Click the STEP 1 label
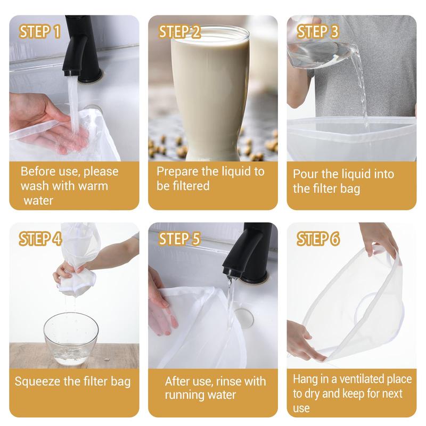(x=40, y=31)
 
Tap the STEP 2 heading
(x=180, y=31)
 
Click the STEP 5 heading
(x=180, y=239)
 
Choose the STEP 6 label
(x=318, y=239)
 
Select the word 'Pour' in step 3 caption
(x=306, y=174)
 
